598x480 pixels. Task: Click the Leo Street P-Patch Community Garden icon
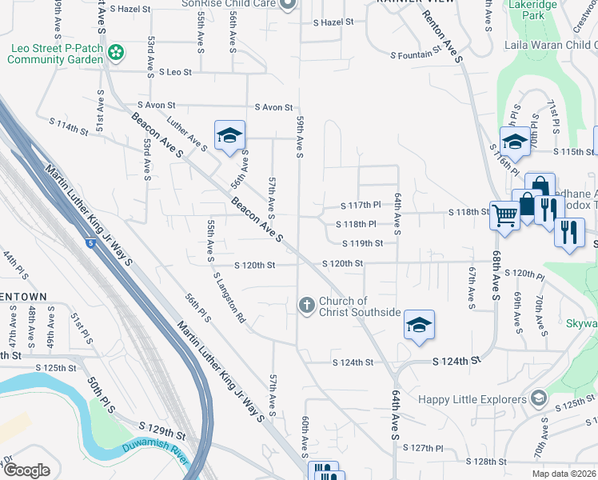point(116,54)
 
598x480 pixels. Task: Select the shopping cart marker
point(504,214)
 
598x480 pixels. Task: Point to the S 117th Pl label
point(360,205)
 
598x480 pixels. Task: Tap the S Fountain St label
point(416,55)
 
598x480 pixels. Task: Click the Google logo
point(26,470)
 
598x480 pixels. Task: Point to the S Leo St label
point(175,72)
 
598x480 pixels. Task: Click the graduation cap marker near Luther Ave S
point(229,135)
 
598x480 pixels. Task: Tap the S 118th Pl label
point(360,224)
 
